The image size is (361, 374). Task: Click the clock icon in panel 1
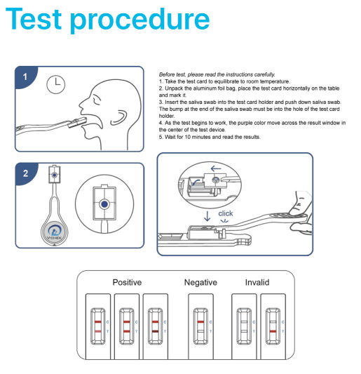pyautogui.click(x=55, y=85)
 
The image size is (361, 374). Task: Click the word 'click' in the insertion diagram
pyautogui.click(x=226, y=213)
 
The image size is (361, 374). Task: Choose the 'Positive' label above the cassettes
pyautogui.click(x=127, y=282)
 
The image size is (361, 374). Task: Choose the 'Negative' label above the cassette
pyautogui.click(x=200, y=282)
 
